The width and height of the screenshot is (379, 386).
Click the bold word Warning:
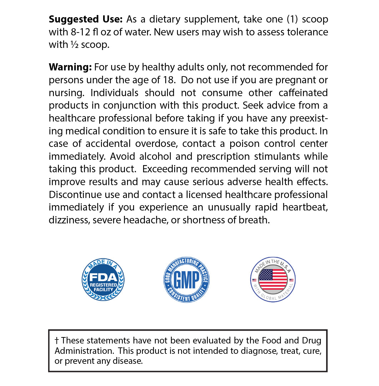(70, 67)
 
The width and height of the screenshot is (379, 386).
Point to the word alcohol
(161, 157)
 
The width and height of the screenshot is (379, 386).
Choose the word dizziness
(69, 220)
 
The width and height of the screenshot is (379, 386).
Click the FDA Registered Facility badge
(103, 280)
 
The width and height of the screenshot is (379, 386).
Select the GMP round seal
(186, 280)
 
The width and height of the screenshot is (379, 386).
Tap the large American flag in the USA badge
(273, 279)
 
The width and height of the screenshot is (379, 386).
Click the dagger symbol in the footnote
(57, 341)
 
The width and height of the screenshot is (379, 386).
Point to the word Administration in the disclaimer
(84, 351)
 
